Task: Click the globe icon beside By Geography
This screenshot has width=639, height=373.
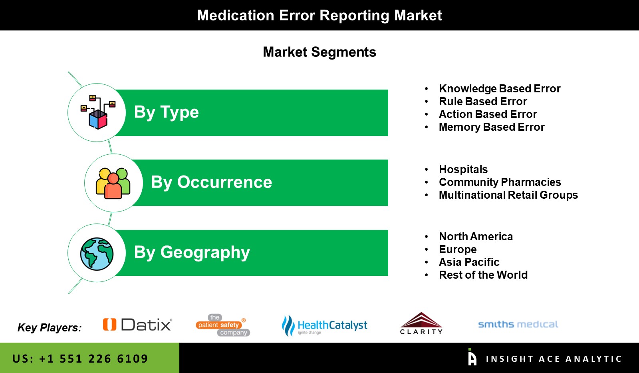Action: coord(97,254)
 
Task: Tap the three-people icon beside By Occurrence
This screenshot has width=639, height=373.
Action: coord(113,183)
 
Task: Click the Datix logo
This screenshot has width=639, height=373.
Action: coord(137,325)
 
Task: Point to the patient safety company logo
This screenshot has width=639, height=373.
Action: coord(223,325)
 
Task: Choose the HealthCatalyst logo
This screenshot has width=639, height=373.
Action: coord(324,325)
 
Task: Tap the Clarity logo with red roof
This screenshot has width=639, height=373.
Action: coord(421,323)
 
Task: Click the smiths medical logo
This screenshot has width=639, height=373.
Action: coord(518,325)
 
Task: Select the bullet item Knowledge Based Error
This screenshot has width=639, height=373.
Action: coord(500,88)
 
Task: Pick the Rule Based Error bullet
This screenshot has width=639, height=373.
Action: coord(483,102)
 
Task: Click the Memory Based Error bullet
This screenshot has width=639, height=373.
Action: coord(492,127)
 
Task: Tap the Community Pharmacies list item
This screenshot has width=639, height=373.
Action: coord(500,182)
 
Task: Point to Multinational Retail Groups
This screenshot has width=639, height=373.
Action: coord(508,195)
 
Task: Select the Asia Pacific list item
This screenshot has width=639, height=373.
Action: coord(469,262)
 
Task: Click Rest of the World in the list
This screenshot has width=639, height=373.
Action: coord(483,275)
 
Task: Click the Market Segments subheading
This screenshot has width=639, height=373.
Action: coord(319,52)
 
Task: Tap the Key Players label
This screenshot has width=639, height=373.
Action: coord(50,327)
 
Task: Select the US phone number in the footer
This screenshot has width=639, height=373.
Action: coord(80,359)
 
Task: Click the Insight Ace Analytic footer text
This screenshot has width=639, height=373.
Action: coord(554,359)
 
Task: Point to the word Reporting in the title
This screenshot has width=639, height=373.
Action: coord(354,16)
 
